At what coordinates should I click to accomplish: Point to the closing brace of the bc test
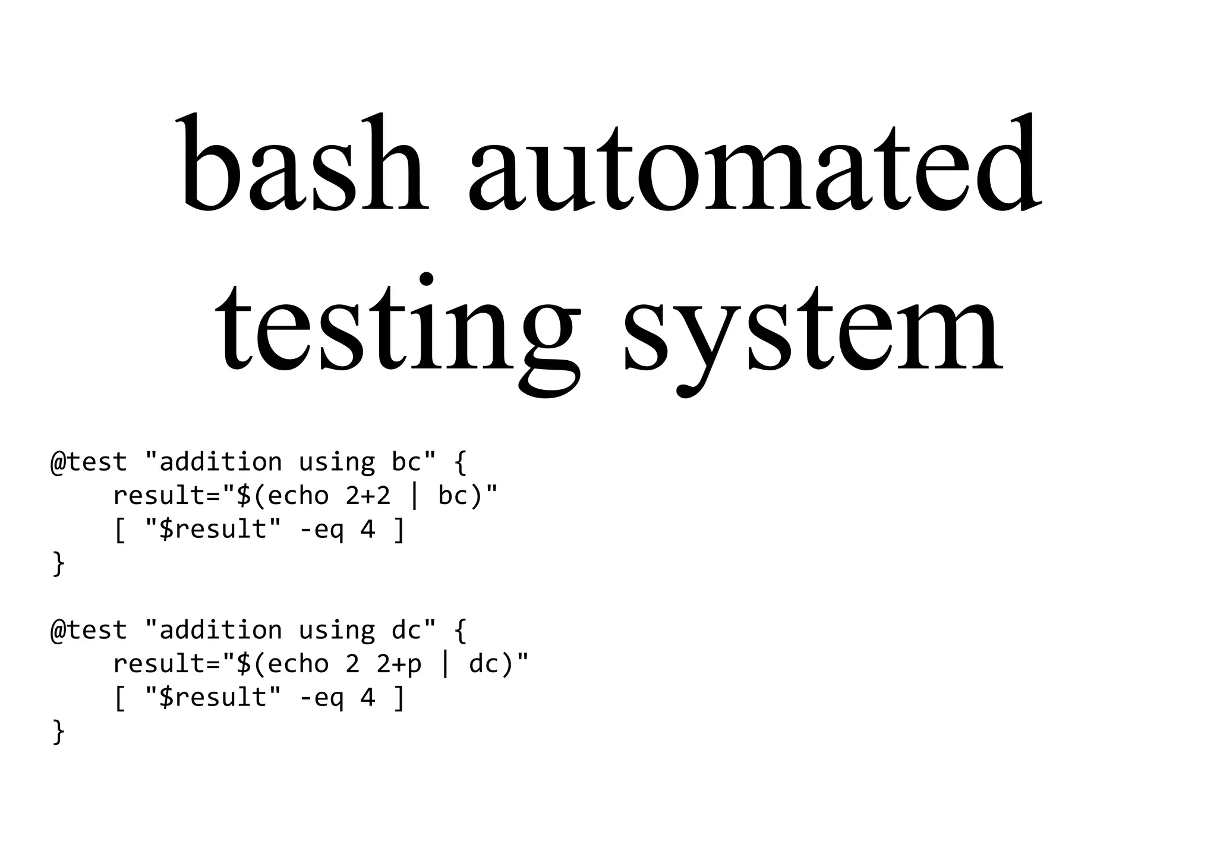(x=58, y=563)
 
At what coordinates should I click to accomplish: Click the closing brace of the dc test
(x=58, y=731)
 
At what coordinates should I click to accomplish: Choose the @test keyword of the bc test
(x=89, y=462)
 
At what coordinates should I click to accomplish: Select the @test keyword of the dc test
(x=89, y=631)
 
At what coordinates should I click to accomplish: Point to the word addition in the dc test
(x=221, y=631)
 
